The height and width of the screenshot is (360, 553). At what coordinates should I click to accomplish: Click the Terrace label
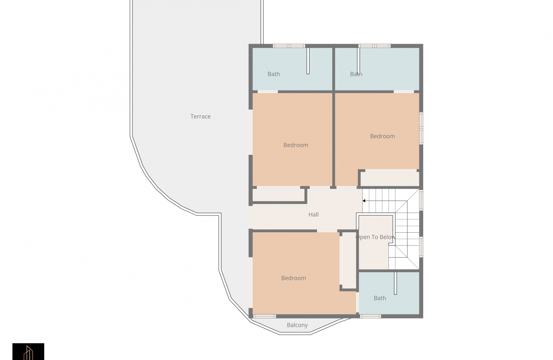tap(200, 117)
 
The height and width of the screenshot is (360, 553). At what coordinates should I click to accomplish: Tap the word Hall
tap(313, 215)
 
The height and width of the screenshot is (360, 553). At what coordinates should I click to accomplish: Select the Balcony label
tap(297, 325)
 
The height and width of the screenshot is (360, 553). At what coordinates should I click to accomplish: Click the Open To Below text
tap(376, 237)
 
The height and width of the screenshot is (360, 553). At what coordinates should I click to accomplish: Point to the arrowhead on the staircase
tap(364, 201)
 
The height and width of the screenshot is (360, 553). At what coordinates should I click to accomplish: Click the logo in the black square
tap(28, 352)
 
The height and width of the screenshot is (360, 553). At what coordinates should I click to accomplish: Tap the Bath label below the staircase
tap(380, 298)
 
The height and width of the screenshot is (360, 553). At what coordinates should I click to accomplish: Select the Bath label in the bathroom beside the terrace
tap(273, 74)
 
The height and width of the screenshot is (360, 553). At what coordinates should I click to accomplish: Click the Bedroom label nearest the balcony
tap(294, 278)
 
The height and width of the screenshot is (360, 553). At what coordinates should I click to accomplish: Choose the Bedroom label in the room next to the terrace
tap(296, 145)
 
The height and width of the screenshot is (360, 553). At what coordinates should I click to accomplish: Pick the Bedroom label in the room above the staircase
tap(382, 136)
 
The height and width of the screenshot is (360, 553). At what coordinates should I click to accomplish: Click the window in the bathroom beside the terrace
tap(289, 46)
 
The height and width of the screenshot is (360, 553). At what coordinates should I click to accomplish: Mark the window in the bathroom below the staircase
tap(370, 316)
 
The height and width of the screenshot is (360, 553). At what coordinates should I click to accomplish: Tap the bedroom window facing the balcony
tap(264, 316)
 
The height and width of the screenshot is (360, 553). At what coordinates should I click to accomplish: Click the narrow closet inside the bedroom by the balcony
tap(349, 260)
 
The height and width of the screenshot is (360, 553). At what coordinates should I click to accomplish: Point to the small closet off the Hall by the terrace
tap(278, 195)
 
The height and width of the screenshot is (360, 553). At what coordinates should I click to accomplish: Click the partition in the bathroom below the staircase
tap(395, 283)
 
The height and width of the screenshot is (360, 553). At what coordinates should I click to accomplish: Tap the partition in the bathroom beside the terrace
tap(308, 61)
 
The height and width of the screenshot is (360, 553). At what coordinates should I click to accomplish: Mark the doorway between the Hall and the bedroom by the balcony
tap(327, 231)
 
